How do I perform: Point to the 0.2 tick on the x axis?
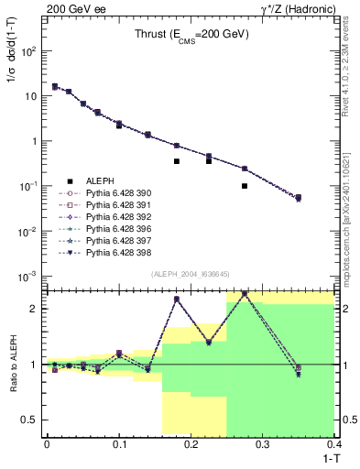(190, 444)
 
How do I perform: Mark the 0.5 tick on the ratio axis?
(33, 420)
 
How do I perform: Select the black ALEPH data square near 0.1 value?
(245, 186)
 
